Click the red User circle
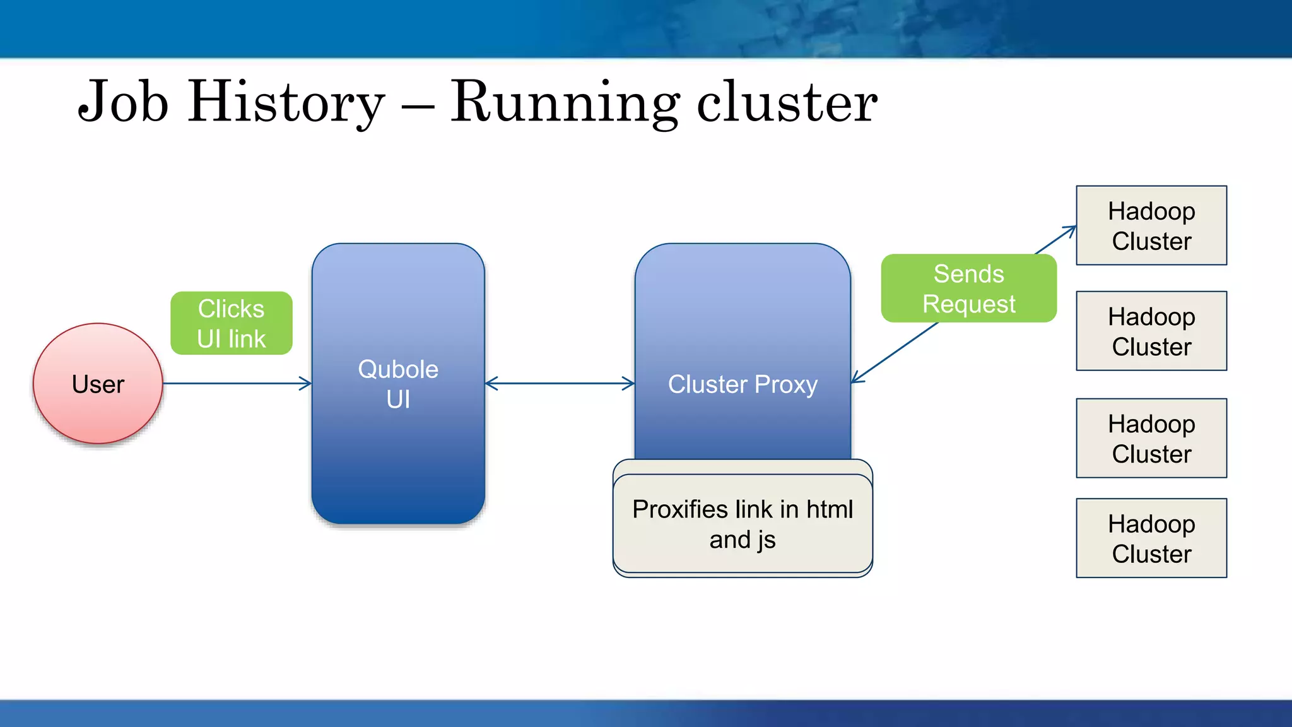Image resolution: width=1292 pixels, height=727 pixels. (98, 384)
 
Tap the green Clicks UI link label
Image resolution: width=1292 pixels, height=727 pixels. (231, 323)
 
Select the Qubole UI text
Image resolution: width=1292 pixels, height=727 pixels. (398, 384)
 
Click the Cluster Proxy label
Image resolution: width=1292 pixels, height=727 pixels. (743, 384)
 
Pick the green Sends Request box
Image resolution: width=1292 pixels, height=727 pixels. (968, 288)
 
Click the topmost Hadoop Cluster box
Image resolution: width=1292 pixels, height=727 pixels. (1151, 225)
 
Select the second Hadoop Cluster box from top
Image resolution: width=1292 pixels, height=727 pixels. (1151, 331)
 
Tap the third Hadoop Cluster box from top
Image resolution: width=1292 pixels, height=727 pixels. (1151, 438)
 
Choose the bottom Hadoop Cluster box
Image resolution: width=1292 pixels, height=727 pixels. (1151, 538)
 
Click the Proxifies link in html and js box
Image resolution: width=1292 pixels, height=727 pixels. (743, 524)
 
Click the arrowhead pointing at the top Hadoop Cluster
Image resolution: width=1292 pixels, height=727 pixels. (1071, 230)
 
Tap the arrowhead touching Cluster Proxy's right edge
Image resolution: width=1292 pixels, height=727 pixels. (857, 379)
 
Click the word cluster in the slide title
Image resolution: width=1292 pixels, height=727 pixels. (787, 102)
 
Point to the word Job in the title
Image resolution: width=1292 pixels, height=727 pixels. (124, 102)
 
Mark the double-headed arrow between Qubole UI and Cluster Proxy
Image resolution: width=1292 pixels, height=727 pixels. (560, 383)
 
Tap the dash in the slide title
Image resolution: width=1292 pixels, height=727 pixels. (417, 106)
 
